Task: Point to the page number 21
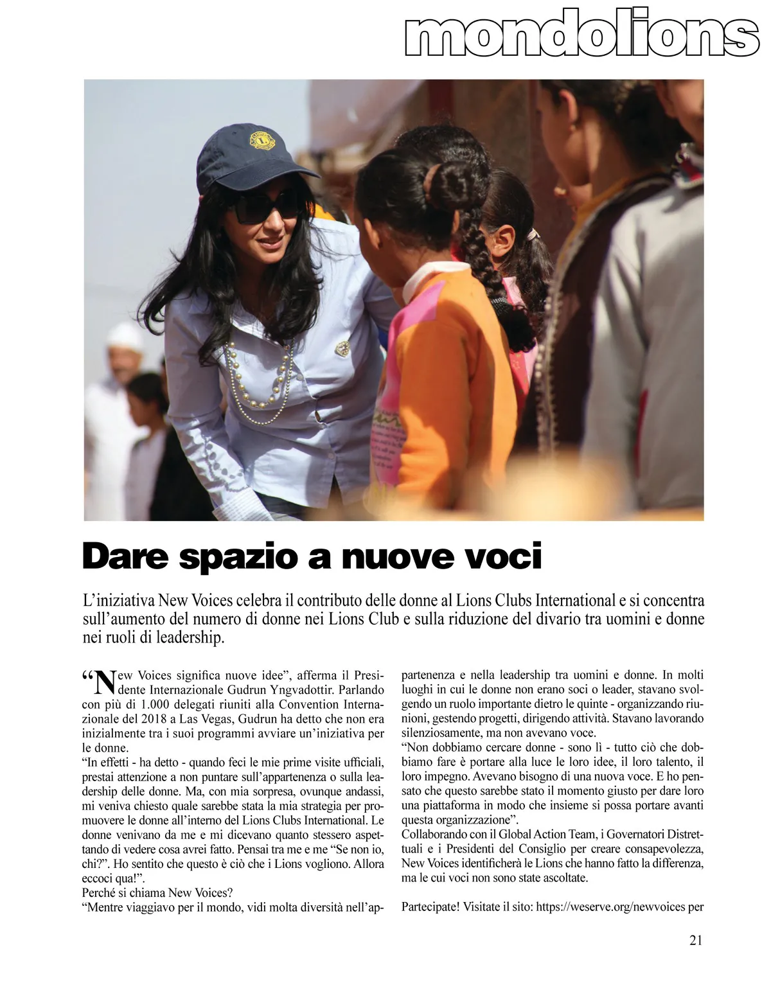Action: pos(696,940)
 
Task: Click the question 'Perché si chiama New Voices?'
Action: pos(157,893)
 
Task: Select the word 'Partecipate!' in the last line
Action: pos(431,907)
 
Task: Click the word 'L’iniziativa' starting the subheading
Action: pos(118,601)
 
